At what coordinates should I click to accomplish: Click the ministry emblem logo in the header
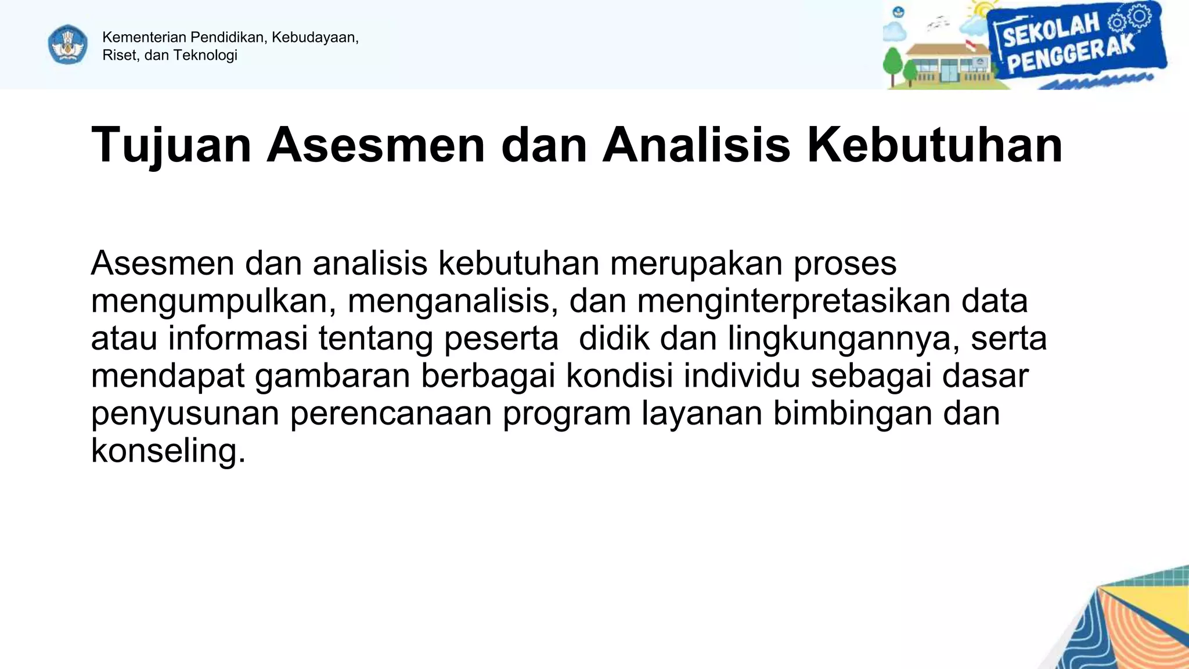(x=68, y=44)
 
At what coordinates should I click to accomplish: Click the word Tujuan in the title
(x=171, y=145)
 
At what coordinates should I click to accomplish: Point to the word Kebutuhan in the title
(x=935, y=145)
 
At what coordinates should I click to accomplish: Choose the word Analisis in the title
(x=696, y=145)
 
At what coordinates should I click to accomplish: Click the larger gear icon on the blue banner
(x=1139, y=16)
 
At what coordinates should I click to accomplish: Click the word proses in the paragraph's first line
(x=845, y=264)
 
